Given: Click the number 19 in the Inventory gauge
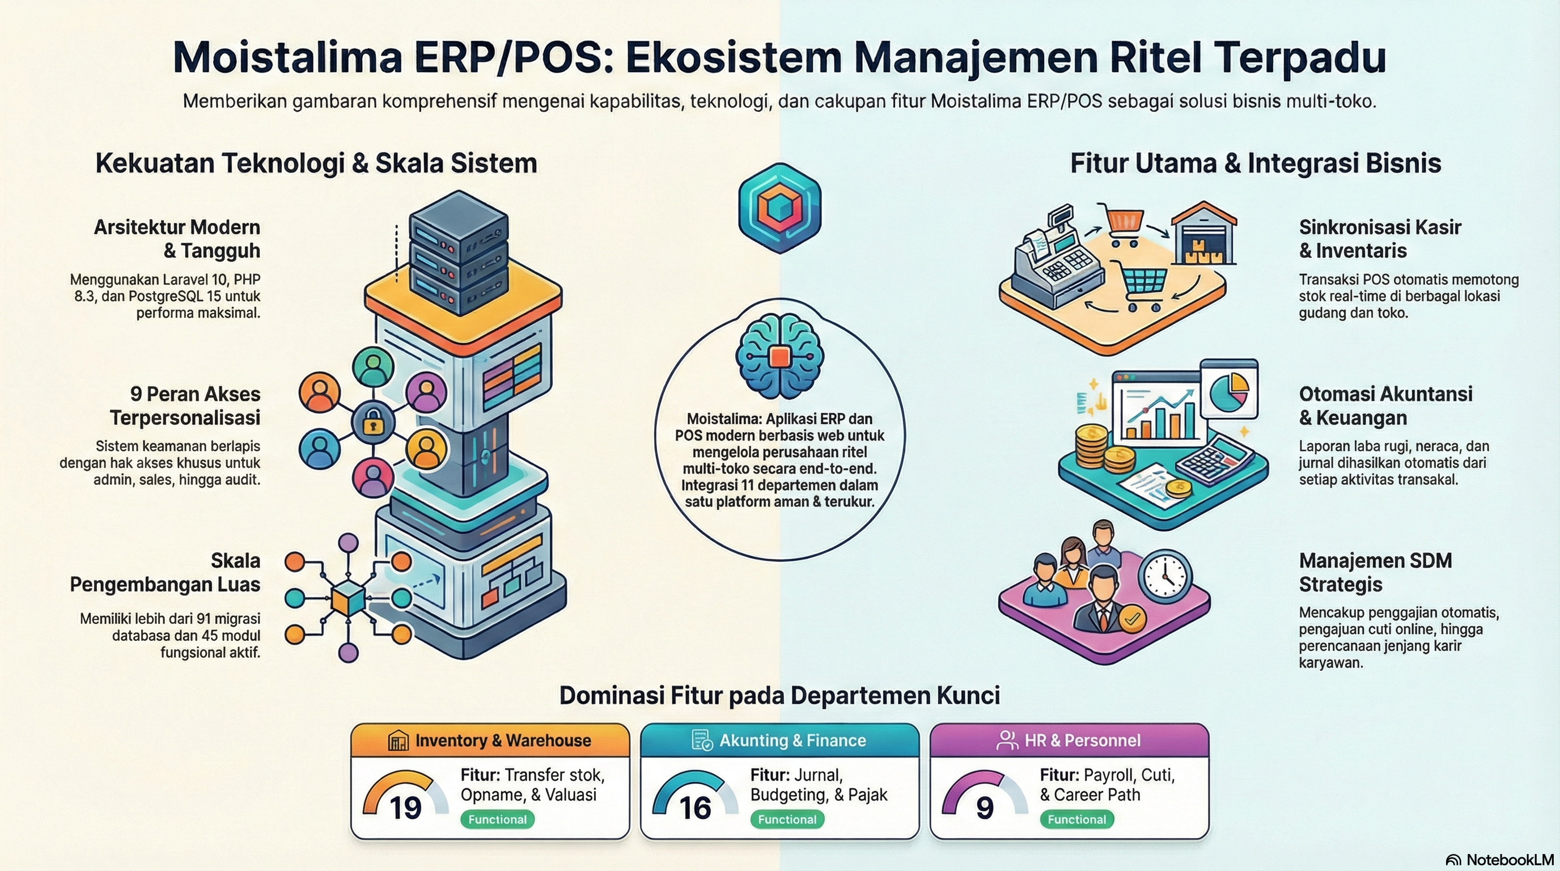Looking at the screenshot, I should click(x=405, y=808).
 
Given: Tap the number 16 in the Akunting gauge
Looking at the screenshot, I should click(x=694, y=808).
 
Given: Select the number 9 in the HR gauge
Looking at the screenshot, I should click(x=985, y=808).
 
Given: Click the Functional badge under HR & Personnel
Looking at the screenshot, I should click(x=1076, y=819).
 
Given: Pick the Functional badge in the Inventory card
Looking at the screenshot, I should click(x=497, y=819).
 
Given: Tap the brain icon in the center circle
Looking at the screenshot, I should click(x=779, y=357).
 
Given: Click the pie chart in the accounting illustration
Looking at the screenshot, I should click(x=1229, y=391).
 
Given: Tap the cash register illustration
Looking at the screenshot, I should click(x=1057, y=260).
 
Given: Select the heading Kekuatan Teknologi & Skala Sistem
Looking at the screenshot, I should click(x=316, y=163).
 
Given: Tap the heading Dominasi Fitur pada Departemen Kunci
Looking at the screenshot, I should click(x=779, y=695).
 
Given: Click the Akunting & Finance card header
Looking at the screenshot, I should click(x=779, y=740).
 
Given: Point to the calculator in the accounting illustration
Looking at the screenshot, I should click(x=1214, y=459).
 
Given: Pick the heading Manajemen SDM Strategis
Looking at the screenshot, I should click(x=1375, y=572).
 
